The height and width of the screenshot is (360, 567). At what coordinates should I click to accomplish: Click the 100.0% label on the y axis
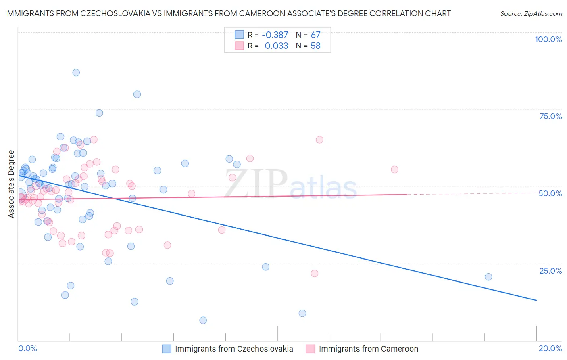(x=548, y=39)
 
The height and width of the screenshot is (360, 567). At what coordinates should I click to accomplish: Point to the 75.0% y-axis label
(x=550, y=116)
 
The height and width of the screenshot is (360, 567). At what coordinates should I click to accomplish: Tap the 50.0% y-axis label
(x=550, y=193)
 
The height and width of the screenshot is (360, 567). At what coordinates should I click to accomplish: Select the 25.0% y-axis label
(x=550, y=270)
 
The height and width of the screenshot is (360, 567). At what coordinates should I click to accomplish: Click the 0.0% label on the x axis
(x=27, y=348)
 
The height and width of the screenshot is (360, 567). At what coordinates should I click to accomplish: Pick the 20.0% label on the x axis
(x=550, y=348)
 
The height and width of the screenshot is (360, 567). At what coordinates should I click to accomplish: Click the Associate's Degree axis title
(x=11, y=184)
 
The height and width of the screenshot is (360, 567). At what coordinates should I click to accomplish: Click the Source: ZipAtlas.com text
(x=531, y=13)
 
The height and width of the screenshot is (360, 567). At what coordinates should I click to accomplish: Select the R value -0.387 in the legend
(x=275, y=35)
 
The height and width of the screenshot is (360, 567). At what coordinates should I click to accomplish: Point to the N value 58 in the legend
(x=315, y=46)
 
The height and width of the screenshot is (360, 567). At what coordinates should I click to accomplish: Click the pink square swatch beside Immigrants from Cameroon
(x=310, y=349)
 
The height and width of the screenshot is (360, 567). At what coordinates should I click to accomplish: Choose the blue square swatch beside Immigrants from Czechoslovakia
(x=167, y=349)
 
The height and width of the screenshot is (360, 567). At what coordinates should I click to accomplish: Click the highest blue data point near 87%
(x=76, y=73)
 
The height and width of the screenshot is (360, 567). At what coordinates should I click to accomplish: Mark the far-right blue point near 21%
(x=488, y=277)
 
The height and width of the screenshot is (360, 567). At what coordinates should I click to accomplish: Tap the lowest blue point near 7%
(x=203, y=320)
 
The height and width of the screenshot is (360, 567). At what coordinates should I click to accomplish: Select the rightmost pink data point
(x=394, y=170)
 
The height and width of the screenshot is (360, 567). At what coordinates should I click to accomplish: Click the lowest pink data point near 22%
(x=315, y=273)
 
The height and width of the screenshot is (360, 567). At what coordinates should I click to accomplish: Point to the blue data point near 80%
(x=137, y=94)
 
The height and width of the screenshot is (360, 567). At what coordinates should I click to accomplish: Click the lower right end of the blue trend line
(x=536, y=300)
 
